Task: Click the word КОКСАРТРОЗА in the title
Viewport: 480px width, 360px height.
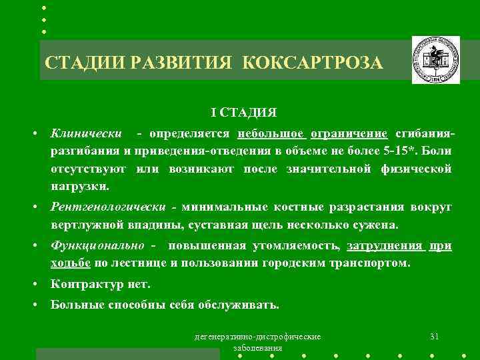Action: click(x=313, y=63)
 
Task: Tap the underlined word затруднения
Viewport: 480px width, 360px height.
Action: click(x=385, y=246)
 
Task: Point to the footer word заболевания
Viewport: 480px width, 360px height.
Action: click(x=257, y=349)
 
